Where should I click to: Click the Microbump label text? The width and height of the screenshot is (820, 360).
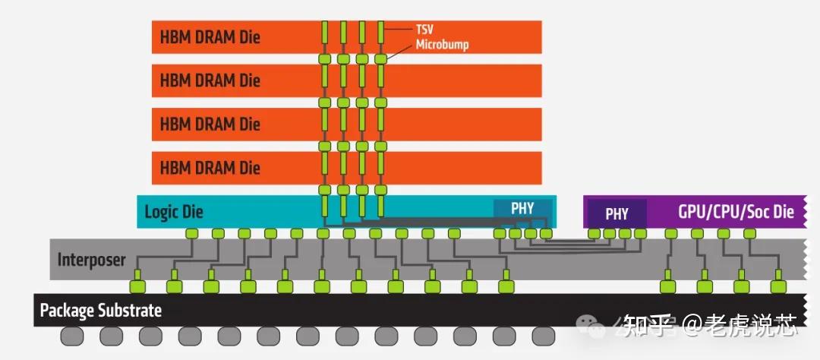(442, 45)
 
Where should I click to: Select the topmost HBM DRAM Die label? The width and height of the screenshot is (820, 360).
(210, 36)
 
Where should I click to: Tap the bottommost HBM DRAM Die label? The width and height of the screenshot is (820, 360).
(210, 167)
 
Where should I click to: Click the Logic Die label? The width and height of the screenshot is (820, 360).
(174, 212)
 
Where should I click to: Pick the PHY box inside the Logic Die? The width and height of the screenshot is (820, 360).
(522, 208)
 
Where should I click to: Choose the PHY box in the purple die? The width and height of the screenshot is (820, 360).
(617, 213)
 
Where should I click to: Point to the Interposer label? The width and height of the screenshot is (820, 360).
(91, 260)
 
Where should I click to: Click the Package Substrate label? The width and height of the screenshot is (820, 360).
(100, 311)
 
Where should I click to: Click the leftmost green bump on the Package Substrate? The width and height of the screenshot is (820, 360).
(137, 287)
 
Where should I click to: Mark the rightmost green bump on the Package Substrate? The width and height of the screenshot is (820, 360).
(776, 287)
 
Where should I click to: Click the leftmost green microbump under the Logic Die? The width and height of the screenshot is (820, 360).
(192, 233)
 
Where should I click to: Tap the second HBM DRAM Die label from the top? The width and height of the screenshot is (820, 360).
(210, 81)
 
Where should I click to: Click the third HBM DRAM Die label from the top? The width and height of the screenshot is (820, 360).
(210, 124)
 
